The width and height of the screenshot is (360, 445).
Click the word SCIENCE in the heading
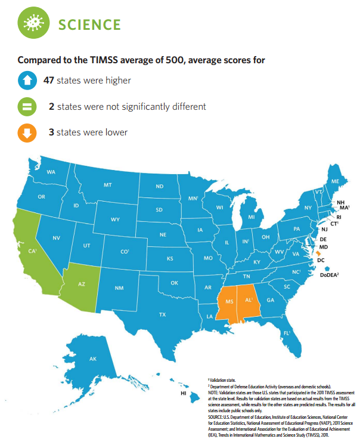(x=89, y=24)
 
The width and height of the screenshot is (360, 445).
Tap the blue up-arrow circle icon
(x=27, y=81)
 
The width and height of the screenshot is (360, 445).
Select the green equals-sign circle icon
(x=27, y=107)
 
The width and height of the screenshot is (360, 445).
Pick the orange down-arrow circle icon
(x=27, y=133)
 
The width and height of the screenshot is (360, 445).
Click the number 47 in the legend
(x=49, y=81)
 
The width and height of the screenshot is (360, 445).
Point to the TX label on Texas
(x=162, y=314)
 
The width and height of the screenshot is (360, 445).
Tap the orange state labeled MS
(x=228, y=303)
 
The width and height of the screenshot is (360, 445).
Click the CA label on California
(x=32, y=251)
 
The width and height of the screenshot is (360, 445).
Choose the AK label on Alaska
(x=92, y=359)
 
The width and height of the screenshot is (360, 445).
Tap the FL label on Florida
(x=287, y=333)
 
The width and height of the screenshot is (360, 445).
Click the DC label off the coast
(x=321, y=261)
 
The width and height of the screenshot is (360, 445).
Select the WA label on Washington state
(x=51, y=172)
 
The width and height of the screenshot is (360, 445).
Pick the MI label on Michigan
(x=252, y=217)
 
